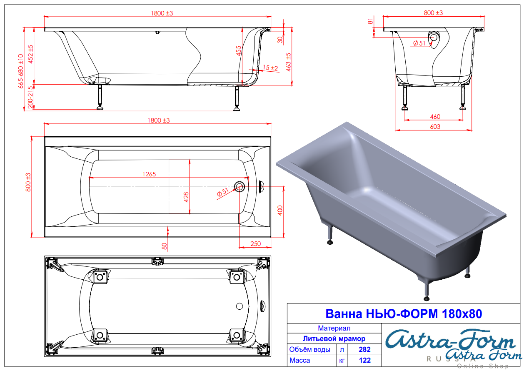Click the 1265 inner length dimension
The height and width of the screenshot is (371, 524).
point(149,174)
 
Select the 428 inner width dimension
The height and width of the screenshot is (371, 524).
point(186,197)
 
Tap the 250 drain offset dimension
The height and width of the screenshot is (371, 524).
point(255,244)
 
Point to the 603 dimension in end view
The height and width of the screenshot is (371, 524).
point(435,127)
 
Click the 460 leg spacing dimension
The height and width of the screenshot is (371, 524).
point(435,117)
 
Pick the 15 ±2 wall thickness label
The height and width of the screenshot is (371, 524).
point(270,68)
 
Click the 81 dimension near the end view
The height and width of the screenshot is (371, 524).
point(370,21)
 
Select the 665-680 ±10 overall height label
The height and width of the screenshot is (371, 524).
point(21,71)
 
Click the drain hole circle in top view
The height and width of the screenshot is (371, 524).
point(240,187)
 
